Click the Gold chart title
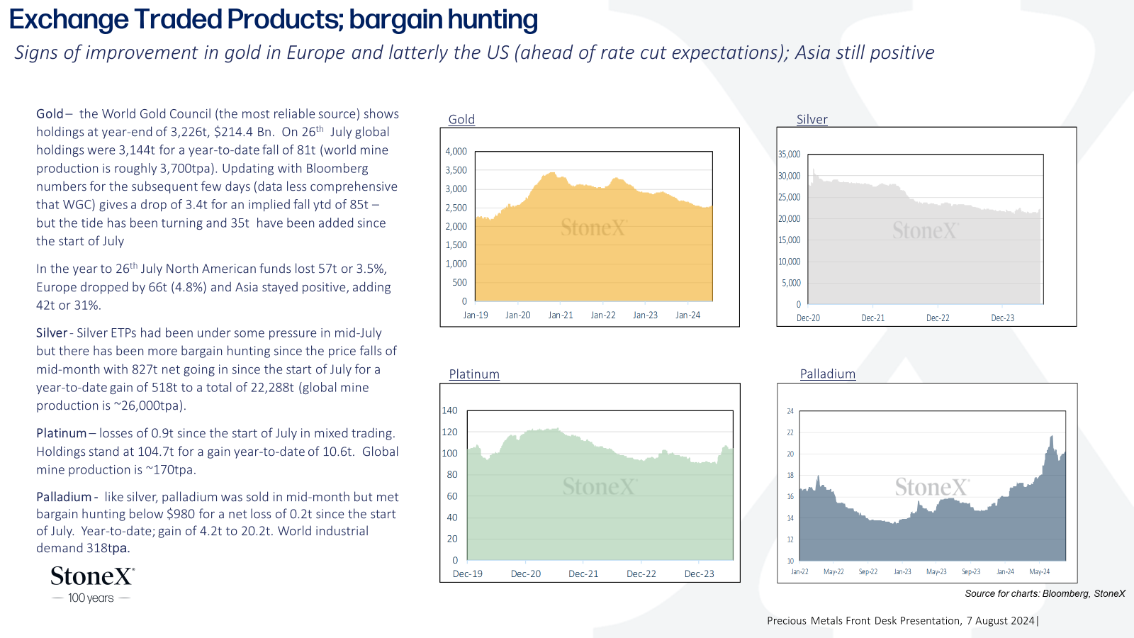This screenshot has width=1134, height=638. pyautogui.click(x=461, y=120)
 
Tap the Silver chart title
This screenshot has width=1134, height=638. pyautogui.click(x=812, y=120)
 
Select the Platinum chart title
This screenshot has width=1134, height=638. pyautogui.click(x=474, y=374)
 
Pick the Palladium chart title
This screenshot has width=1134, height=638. pyautogui.click(x=828, y=374)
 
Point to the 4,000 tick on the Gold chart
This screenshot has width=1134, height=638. pyautogui.click(x=456, y=152)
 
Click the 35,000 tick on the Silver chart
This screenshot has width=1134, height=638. pyautogui.click(x=790, y=154)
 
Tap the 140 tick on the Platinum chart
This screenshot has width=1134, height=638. pyautogui.click(x=449, y=410)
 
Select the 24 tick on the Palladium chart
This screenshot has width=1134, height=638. pyautogui.click(x=790, y=411)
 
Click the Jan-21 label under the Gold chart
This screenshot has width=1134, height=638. pyautogui.click(x=561, y=315)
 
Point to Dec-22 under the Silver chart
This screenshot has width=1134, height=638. pyautogui.click(x=938, y=318)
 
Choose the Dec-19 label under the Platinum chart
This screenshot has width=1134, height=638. pyautogui.click(x=468, y=573)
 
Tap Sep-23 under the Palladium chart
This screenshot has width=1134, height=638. pyautogui.click(x=971, y=571)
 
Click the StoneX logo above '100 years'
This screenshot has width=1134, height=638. pyautogui.click(x=93, y=576)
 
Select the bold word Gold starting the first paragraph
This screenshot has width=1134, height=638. pyautogui.click(x=50, y=114)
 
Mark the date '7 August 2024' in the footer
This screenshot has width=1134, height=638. pyautogui.click(x=1000, y=621)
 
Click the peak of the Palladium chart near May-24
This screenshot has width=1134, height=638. pyautogui.click(x=1052, y=436)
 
